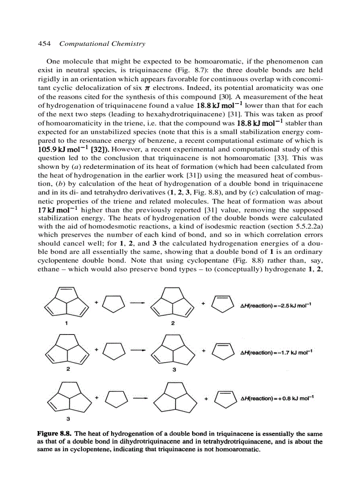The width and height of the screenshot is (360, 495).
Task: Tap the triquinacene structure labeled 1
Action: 67,302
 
